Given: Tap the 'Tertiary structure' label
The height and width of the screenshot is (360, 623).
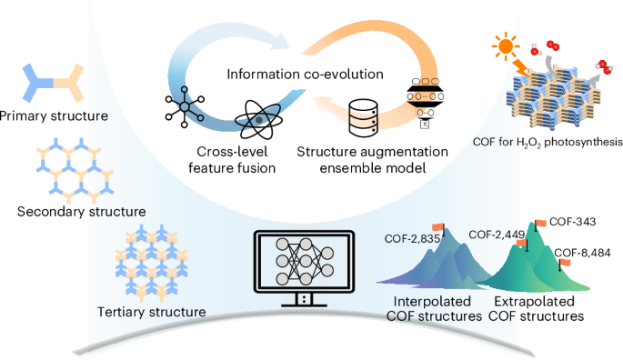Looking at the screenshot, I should (150, 313).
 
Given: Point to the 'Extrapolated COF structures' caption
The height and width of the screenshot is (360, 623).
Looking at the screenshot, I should (538, 309).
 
